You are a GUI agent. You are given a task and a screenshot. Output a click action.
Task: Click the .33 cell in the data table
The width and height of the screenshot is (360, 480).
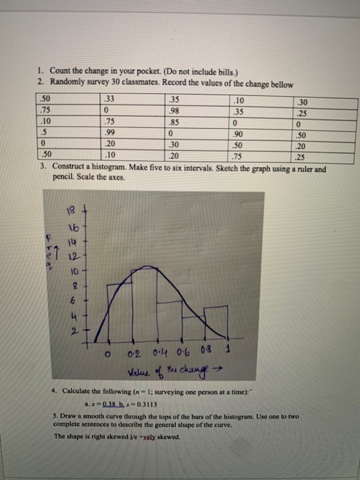[x=110, y=97]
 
